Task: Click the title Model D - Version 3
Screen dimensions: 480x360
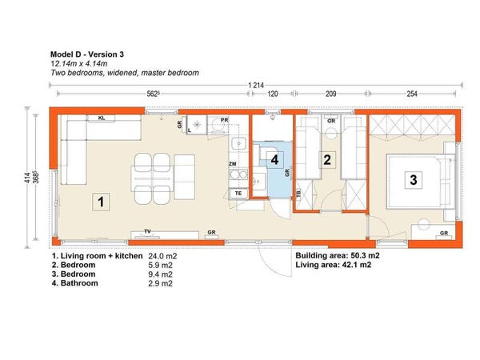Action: coord(87,54)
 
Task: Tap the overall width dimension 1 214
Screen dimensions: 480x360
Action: coord(256,85)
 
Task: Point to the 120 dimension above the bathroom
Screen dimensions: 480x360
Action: coord(273,94)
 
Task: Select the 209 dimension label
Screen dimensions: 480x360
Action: coord(330,94)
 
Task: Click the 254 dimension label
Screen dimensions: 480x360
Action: coord(412,94)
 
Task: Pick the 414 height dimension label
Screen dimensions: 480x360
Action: coord(27,178)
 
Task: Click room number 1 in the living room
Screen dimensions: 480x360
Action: coord(101,202)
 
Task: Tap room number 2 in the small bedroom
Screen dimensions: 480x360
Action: coord(327,160)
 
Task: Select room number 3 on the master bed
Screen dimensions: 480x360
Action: coord(414,179)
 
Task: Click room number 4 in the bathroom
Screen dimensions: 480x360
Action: coord(274,160)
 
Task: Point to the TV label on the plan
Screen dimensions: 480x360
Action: coord(147,231)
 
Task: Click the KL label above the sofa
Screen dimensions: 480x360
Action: coord(102,118)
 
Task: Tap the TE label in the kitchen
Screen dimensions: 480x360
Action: coord(238,194)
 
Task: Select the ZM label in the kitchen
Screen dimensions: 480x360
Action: coord(232,164)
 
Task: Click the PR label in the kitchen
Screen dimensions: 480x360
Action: coord(224,120)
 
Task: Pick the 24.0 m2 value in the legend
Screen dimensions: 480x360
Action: coord(162,256)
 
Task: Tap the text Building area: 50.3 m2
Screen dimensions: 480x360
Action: coord(338,256)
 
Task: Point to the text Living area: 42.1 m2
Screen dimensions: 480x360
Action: coord(334,265)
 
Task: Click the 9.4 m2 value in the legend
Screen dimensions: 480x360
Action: coord(161,274)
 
